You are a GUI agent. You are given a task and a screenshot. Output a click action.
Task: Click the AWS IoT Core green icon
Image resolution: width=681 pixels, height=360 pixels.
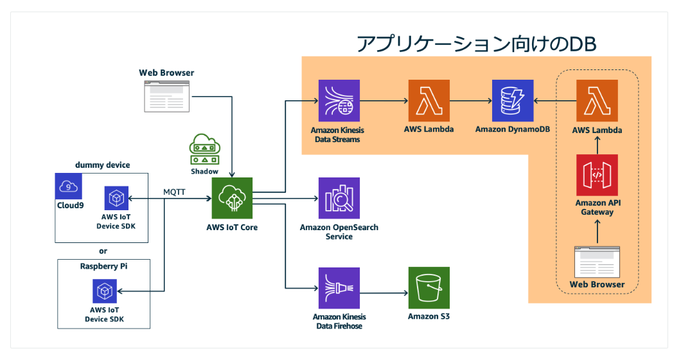click(x=233, y=199)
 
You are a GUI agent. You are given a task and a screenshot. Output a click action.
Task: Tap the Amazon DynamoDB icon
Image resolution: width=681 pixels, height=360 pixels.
click(x=512, y=101)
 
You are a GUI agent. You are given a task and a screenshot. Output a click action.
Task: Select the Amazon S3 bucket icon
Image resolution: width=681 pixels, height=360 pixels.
click(x=429, y=288)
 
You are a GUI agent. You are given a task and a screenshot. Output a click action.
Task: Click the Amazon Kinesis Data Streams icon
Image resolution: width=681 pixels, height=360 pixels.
click(x=339, y=101)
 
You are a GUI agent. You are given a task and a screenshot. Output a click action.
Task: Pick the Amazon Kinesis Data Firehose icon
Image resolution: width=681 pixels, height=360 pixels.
click(x=339, y=288)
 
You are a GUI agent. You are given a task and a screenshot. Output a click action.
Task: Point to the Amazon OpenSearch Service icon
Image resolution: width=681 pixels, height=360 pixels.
click(x=339, y=199)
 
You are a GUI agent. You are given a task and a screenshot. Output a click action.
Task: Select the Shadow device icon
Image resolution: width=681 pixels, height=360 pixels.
click(x=205, y=150)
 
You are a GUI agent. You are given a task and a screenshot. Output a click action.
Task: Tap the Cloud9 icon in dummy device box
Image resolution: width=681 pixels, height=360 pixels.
click(x=68, y=187)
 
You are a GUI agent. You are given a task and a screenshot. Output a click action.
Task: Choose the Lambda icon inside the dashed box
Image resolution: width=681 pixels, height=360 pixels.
click(x=597, y=101)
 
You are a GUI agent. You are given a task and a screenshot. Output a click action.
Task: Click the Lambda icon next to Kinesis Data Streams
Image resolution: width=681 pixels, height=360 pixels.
click(x=429, y=101)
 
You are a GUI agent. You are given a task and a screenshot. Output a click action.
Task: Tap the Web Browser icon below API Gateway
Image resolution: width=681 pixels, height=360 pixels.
click(x=597, y=262)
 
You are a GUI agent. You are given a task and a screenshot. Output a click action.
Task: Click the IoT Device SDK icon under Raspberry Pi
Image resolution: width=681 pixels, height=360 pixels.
click(x=104, y=292)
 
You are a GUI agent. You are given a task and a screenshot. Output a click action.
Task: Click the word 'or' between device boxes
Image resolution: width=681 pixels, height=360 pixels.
click(x=103, y=251)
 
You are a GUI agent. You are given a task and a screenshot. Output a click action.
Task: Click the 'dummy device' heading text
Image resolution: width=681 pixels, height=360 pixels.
click(x=102, y=165)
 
